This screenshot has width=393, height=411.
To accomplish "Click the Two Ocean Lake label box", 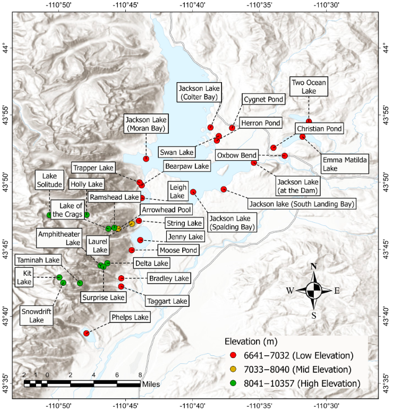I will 309,86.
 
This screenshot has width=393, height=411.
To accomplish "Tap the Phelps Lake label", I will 130,318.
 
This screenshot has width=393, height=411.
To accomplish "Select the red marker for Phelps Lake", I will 86,333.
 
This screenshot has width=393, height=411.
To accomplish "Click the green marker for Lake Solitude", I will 49,215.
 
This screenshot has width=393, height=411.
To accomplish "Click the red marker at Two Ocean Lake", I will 309,122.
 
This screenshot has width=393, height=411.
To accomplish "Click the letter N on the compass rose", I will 314,266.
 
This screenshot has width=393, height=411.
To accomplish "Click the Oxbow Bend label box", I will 237,155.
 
